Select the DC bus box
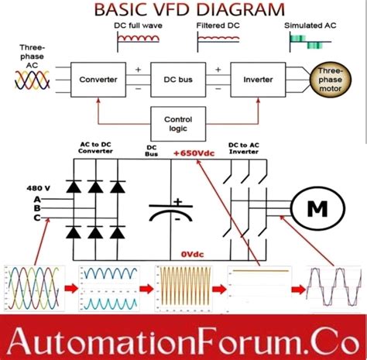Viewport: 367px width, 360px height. (x=172, y=78)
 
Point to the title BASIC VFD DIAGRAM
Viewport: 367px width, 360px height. (x=182, y=10)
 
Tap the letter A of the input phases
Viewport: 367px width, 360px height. (x=36, y=198)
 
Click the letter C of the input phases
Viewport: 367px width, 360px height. (x=36, y=218)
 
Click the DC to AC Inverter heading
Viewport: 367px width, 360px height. (x=249, y=149)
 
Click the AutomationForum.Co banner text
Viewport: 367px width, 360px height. (x=183, y=338)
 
